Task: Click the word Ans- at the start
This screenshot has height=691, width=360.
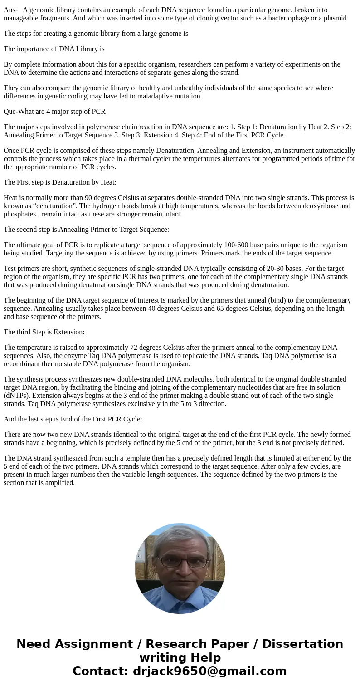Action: pyautogui.click(x=10, y=10)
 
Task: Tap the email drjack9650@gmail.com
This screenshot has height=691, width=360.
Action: pyautogui.click(x=209, y=671)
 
